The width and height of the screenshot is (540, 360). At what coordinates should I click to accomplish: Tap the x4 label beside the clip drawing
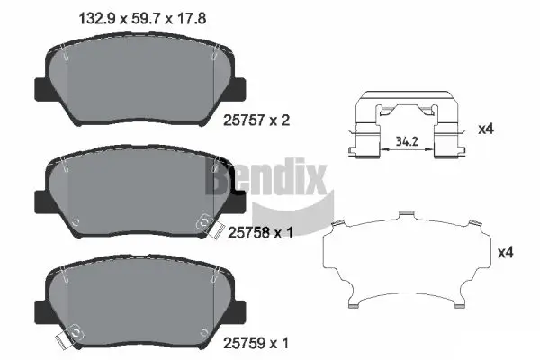pos(485,129)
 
